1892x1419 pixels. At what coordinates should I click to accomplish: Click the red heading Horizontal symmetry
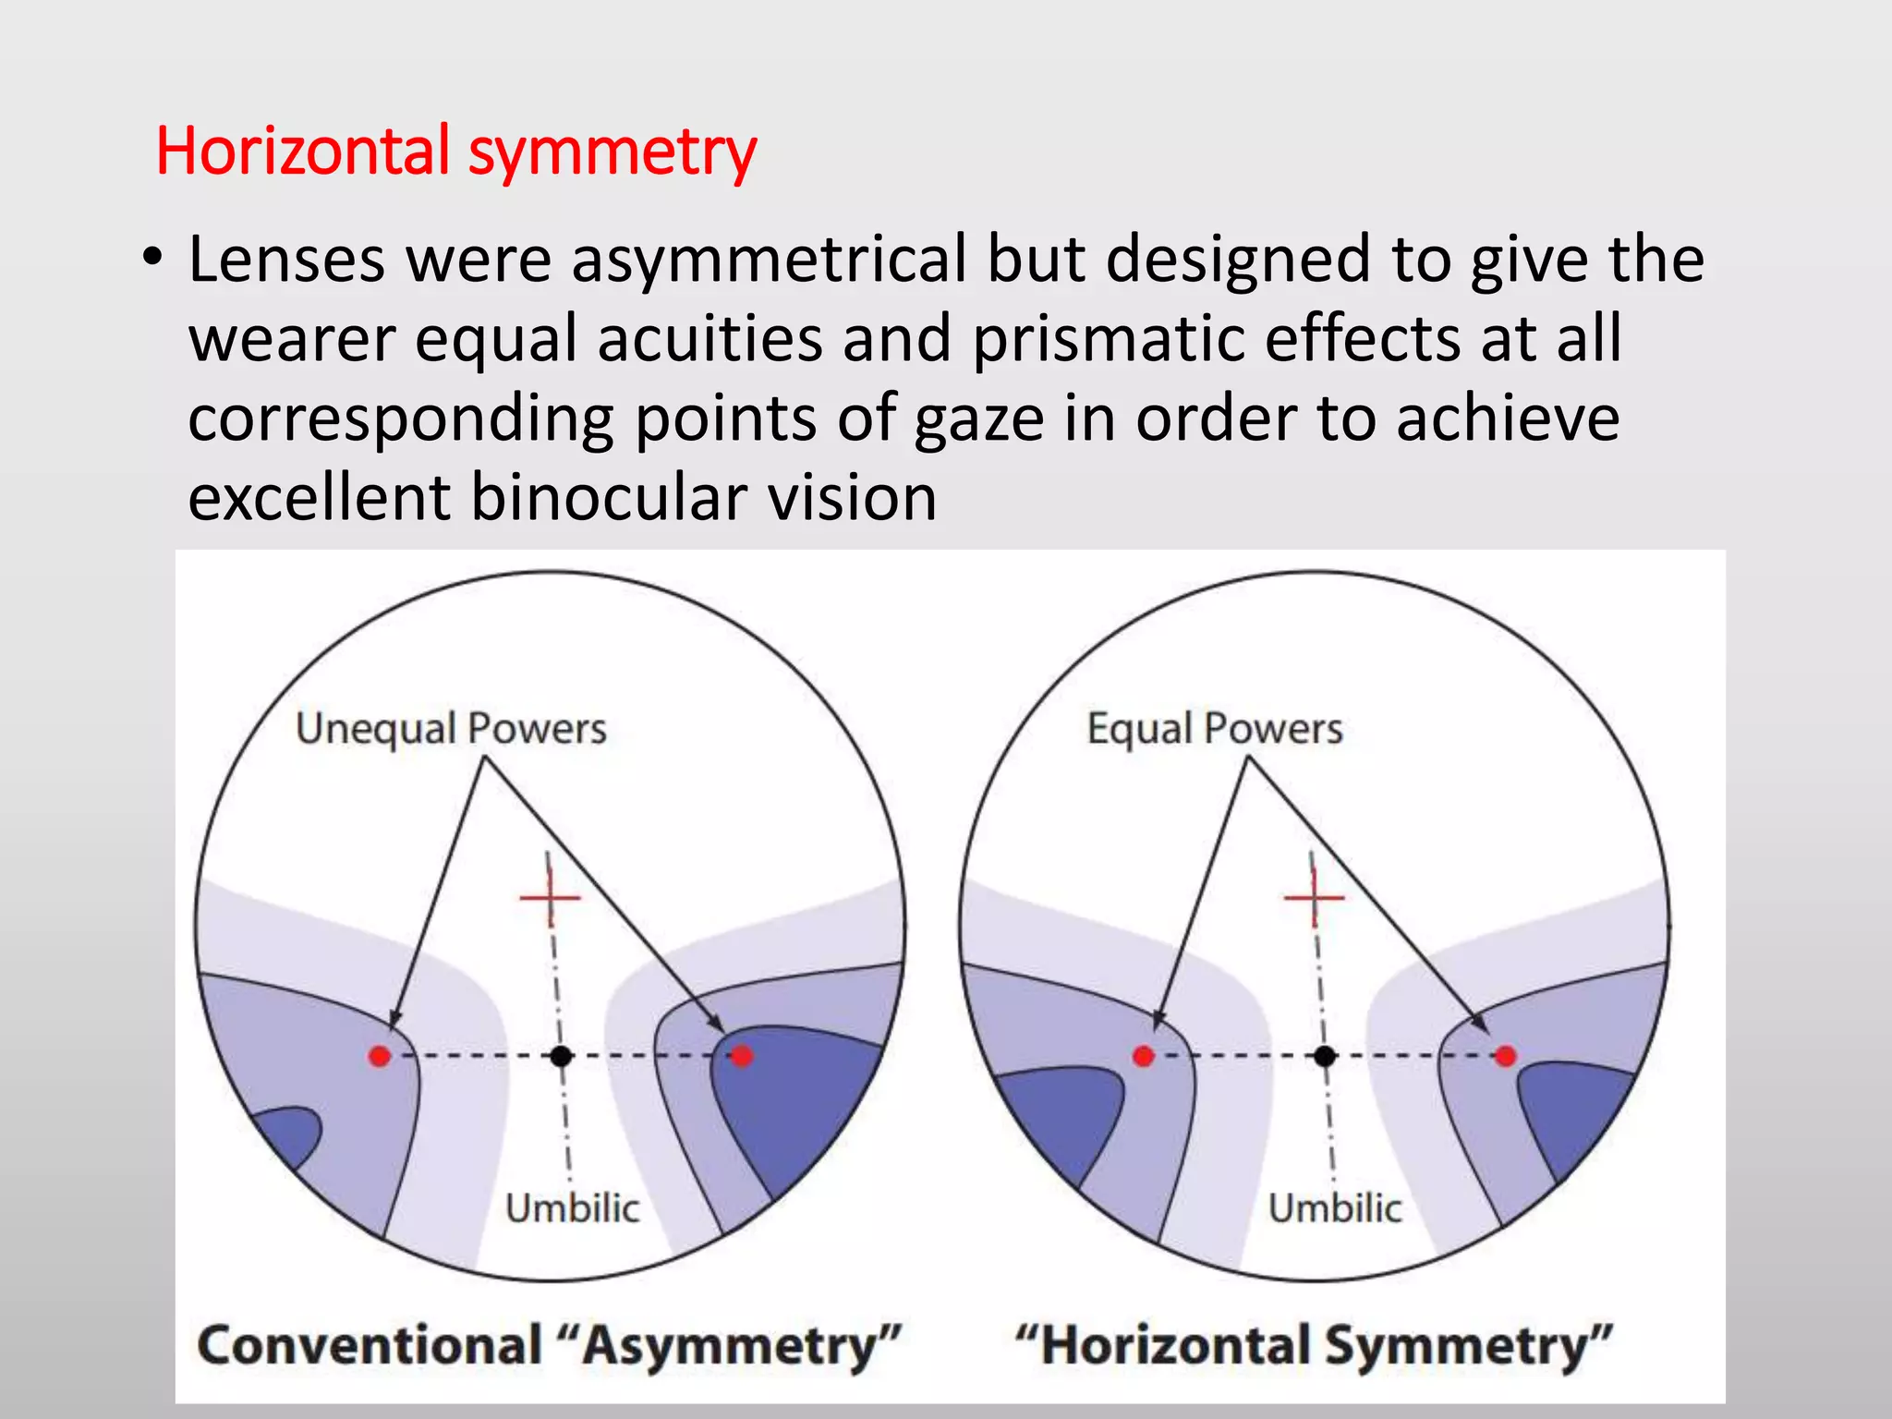[455, 152]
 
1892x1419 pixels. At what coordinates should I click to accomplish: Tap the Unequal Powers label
[451, 729]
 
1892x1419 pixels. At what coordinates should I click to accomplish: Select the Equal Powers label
[1214, 729]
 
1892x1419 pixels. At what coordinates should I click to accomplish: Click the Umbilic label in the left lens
[572, 1208]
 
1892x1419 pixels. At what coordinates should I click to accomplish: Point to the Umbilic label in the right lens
[1335, 1208]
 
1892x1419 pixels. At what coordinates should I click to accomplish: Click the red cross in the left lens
[550, 896]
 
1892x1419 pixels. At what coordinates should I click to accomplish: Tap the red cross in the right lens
[1314, 896]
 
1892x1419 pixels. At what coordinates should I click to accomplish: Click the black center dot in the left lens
[561, 1056]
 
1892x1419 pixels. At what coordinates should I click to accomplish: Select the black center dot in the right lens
[1325, 1056]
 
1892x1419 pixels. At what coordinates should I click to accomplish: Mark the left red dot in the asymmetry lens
[379, 1056]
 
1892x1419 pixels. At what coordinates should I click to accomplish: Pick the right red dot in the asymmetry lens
[742, 1056]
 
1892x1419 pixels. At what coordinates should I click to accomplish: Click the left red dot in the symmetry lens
[1143, 1056]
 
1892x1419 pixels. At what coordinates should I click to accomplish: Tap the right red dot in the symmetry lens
[1506, 1056]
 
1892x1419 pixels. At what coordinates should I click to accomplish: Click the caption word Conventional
[370, 1345]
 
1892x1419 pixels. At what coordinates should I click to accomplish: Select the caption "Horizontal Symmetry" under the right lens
[1314, 1345]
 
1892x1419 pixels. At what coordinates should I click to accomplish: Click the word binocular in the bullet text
[608, 497]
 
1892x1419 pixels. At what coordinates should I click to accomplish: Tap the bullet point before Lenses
[152, 258]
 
